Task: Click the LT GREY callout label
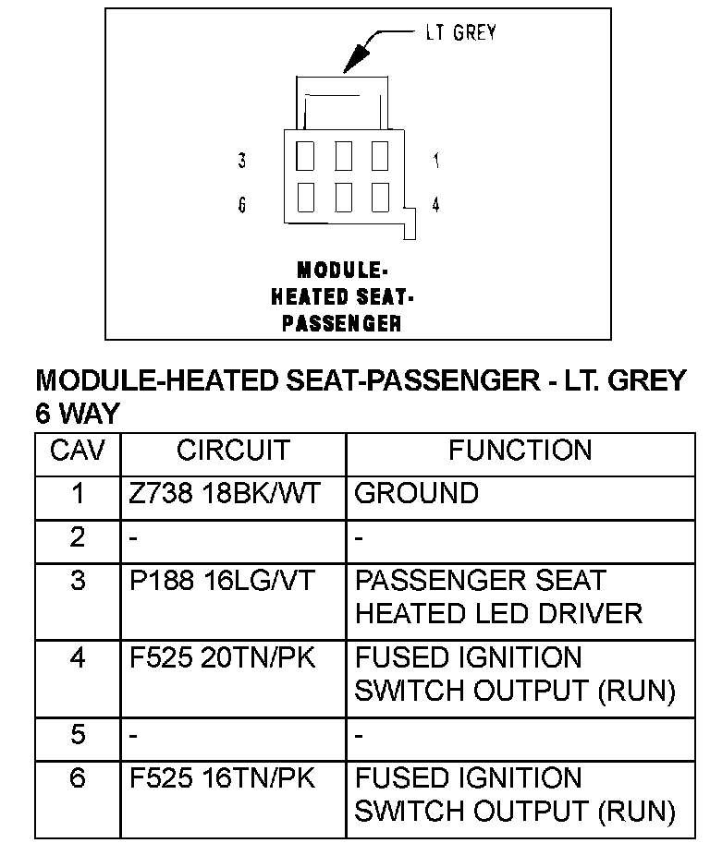[x=460, y=32]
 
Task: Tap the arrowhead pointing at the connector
[x=348, y=66]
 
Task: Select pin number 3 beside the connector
[x=242, y=161]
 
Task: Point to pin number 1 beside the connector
[x=435, y=161]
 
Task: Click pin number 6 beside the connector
[x=242, y=205]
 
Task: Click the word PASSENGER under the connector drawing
[x=342, y=323]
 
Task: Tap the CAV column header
[x=78, y=451]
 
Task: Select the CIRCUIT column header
[x=233, y=451]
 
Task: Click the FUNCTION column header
[x=520, y=451]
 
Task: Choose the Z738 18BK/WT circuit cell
[x=224, y=493]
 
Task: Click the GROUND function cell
[x=417, y=493]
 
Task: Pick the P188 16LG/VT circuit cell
[x=222, y=581]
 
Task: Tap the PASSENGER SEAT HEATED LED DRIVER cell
[x=498, y=596]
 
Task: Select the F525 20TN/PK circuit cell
[x=222, y=658]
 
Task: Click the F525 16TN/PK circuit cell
[x=222, y=778]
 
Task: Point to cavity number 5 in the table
[x=78, y=735]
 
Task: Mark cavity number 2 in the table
[x=78, y=536]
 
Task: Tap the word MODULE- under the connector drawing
[x=342, y=271]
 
